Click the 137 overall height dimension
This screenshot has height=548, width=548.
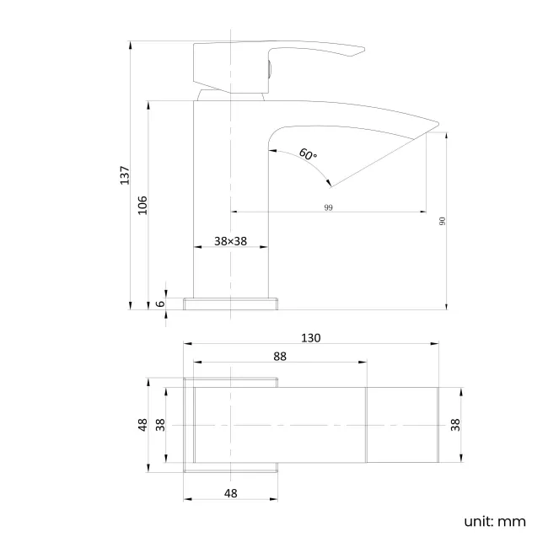[125, 175]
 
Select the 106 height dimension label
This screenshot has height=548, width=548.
[142, 205]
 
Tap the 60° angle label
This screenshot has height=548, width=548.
[308, 154]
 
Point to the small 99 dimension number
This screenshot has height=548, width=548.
[328, 207]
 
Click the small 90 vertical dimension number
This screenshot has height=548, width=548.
[442, 221]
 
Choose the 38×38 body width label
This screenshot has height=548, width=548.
[230, 241]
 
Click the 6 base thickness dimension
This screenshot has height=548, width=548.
[160, 304]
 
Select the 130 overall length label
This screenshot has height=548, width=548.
[311, 338]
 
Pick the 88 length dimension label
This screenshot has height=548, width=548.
[280, 357]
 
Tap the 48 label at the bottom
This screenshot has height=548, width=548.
[231, 493]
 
